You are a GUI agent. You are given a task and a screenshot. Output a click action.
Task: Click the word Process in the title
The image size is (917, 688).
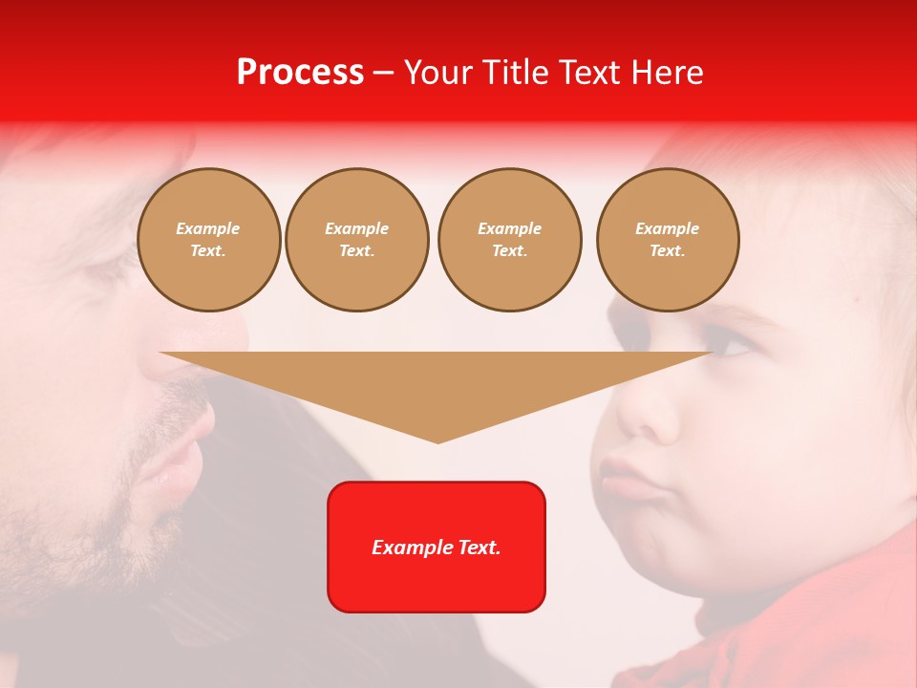point(300,73)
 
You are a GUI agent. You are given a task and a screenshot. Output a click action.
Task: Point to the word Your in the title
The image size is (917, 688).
point(439,73)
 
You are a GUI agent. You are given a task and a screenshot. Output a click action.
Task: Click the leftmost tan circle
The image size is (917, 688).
point(208,240)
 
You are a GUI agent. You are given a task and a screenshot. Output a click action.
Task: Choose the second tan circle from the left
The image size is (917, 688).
point(357,240)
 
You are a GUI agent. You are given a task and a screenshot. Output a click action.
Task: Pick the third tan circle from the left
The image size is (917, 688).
point(509,240)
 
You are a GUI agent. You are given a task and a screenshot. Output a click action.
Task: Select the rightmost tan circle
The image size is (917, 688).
point(668,240)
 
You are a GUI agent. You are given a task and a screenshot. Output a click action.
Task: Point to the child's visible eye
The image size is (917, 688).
point(730,344)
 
